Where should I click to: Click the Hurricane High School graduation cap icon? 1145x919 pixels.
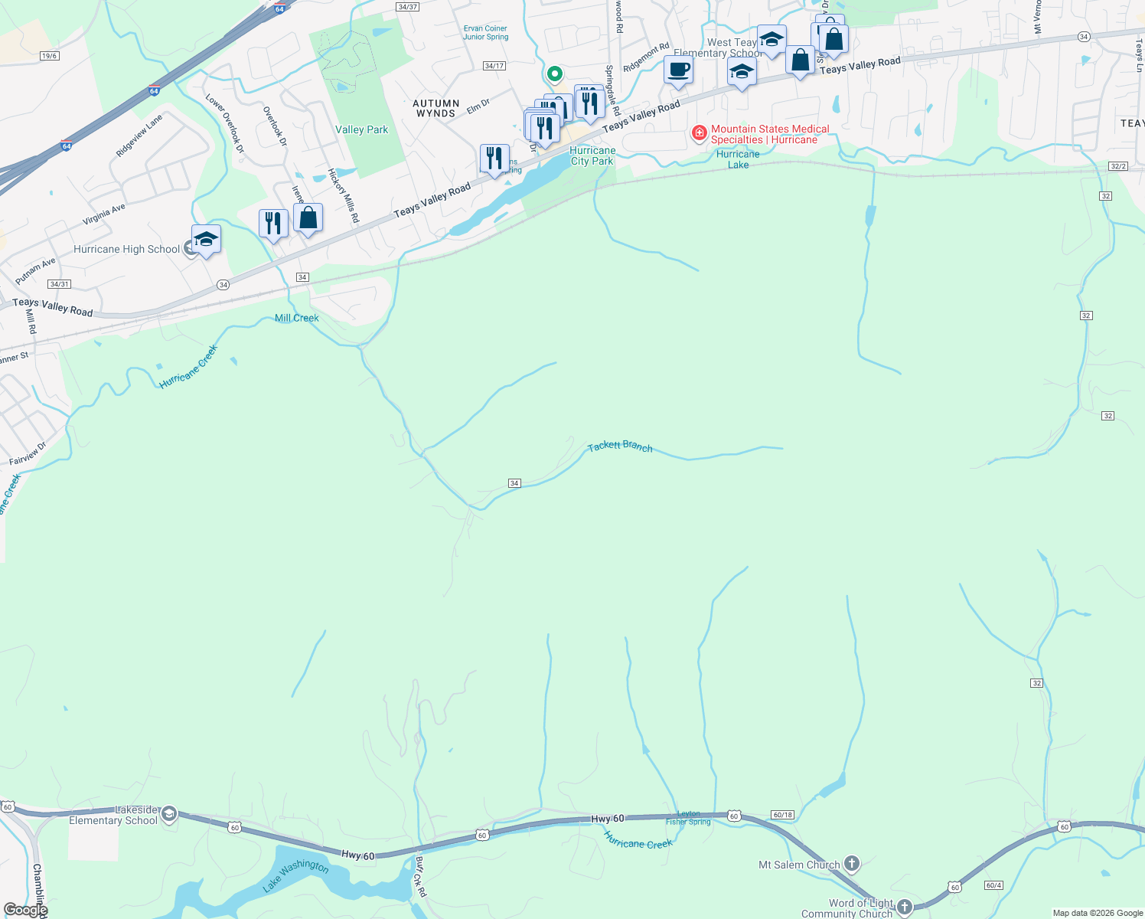pos(206,240)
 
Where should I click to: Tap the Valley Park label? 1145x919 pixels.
pos(361,129)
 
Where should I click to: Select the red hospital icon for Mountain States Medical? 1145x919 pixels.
pos(699,133)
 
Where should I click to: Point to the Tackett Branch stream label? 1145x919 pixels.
pos(620,446)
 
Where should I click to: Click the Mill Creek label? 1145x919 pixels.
pos(297,318)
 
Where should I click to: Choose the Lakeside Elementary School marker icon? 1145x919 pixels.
pos(169,814)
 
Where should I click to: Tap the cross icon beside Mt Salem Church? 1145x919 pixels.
pos(852,864)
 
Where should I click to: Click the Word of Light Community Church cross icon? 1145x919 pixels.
pos(905,908)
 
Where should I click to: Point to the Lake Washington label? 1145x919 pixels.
pos(296,875)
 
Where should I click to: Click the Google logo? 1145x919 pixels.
pos(25,910)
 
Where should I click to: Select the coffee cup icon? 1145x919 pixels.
pos(678,70)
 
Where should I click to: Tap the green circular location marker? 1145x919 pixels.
pos(554,74)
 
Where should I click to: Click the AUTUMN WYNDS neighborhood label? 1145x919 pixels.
pos(436,108)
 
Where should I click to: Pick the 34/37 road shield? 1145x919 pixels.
pos(407,7)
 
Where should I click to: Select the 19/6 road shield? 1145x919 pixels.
pos(50,56)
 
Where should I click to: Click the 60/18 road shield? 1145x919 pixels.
pos(782,815)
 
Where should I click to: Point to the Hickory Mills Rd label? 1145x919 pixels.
pos(344,195)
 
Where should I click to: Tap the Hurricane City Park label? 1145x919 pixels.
pos(592,155)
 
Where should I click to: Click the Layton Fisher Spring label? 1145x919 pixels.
pos(688,818)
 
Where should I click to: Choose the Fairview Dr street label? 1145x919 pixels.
pos(28,454)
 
